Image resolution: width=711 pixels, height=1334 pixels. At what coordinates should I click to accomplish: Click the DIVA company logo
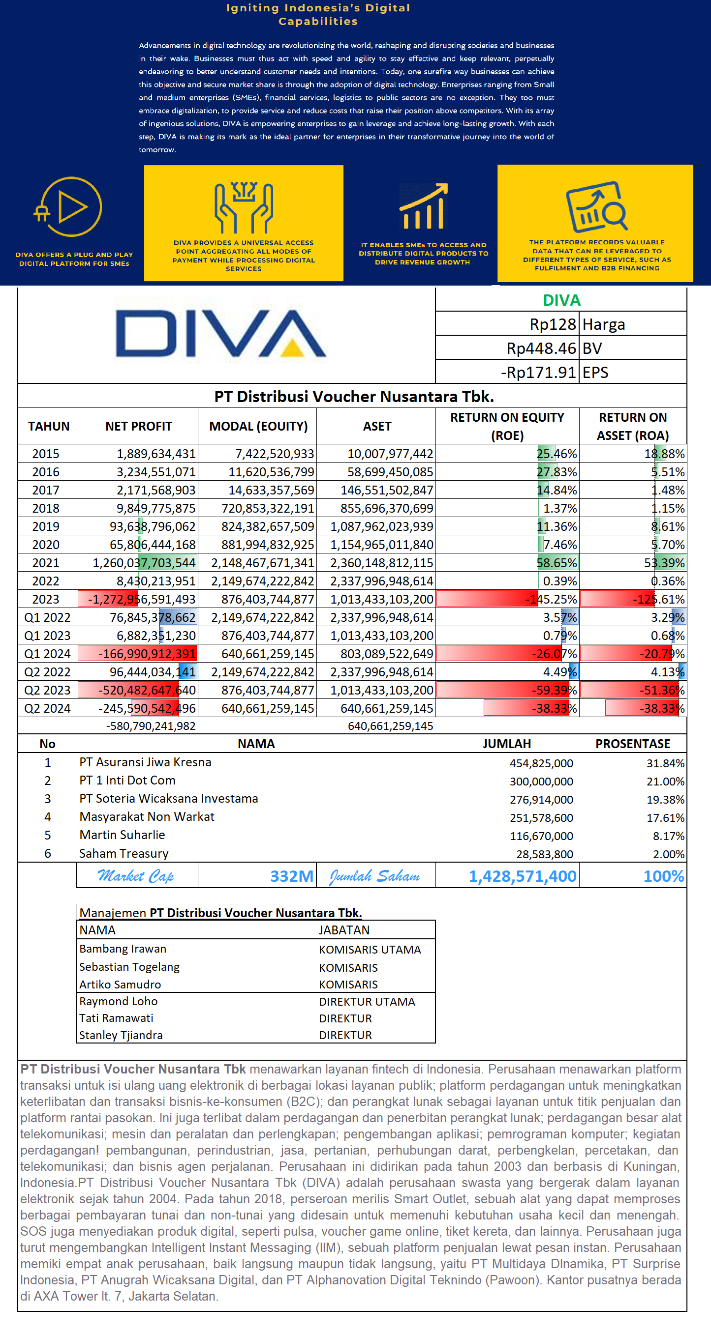point(221,334)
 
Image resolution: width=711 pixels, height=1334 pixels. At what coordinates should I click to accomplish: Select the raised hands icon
point(244,207)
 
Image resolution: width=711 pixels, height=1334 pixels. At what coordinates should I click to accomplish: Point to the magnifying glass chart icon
point(596,206)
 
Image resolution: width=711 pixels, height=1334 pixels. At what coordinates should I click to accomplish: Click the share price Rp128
point(553,324)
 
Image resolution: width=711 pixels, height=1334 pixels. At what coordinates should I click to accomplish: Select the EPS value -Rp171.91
point(538,373)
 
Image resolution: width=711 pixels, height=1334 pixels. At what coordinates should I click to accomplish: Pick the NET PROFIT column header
point(138,426)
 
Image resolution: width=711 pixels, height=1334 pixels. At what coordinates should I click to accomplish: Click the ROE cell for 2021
point(556,563)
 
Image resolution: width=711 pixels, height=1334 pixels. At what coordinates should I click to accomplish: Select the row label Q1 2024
point(47,654)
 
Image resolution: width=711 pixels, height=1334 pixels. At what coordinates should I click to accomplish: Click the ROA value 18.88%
point(664,454)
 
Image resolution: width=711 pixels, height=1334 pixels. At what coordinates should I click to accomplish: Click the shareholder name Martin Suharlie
point(122,835)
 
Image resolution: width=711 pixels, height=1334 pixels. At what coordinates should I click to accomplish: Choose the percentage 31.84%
point(665,763)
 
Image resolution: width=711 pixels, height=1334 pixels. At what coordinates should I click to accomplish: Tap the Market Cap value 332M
point(292,876)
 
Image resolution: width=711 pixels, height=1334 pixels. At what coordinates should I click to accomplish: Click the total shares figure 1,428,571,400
point(522,876)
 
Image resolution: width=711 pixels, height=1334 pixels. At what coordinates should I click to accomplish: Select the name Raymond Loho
point(118,1001)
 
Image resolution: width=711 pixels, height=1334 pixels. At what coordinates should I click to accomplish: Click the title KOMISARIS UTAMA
point(370,949)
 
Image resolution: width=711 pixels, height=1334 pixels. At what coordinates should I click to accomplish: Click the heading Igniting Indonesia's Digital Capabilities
point(318,15)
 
